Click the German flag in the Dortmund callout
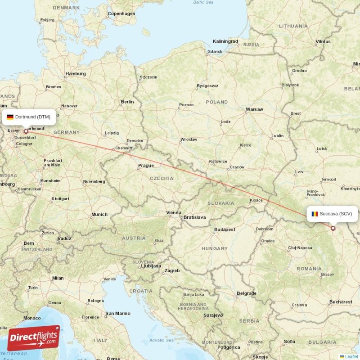[9, 117]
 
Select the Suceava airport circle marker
[333, 228]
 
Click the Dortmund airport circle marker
[26, 131]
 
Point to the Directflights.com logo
[34, 338]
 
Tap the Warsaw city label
[254, 109]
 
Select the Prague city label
[146, 166]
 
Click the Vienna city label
[174, 212]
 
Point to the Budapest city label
[225, 229]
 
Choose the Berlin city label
[127, 102]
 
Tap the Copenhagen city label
[121, 13]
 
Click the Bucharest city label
[340, 302]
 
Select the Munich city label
[99, 215]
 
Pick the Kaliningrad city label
[225, 41]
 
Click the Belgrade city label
[247, 293]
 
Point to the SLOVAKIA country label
[220, 203]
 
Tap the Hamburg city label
[76, 73]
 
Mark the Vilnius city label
[323, 41]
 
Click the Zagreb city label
[172, 270]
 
